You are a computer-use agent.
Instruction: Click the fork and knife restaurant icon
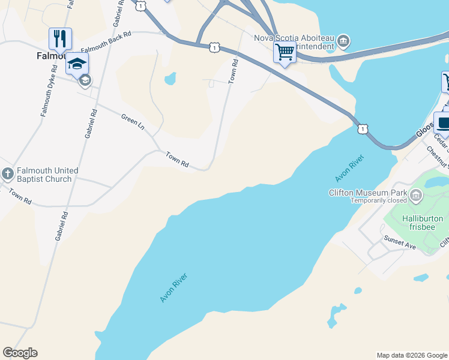60,39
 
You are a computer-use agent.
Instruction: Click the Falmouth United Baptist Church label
44,175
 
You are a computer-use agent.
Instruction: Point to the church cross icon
7,175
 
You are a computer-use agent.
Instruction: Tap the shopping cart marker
285,52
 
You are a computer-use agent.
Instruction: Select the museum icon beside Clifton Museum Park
416,194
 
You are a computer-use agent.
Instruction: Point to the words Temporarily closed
379,201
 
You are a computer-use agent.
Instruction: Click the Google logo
20,353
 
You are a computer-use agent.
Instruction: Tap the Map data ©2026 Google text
412,355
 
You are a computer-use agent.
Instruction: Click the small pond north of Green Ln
170,79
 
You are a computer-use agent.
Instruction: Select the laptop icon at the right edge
443,123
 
